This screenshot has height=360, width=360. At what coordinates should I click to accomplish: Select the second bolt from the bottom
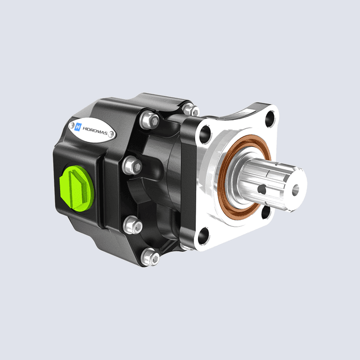(133, 225)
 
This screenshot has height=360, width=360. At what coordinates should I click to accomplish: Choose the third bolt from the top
(130, 165)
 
